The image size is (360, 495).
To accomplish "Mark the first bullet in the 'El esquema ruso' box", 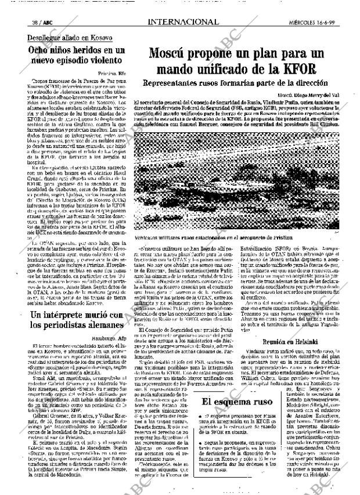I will (200, 432).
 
